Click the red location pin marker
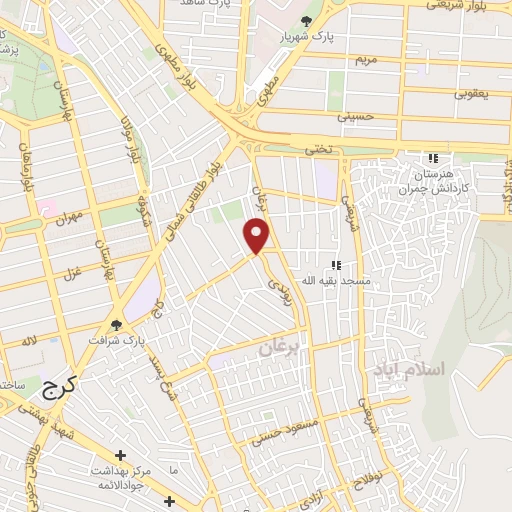pyautogui.click(x=258, y=236)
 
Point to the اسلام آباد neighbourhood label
pyautogui.click(x=408, y=370)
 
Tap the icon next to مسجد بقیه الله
pyautogui.click(x=337, y=265)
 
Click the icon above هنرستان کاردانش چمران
pyautogui.click(x=433, y=158)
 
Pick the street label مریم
pyautogui.click(x=369, y=59)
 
